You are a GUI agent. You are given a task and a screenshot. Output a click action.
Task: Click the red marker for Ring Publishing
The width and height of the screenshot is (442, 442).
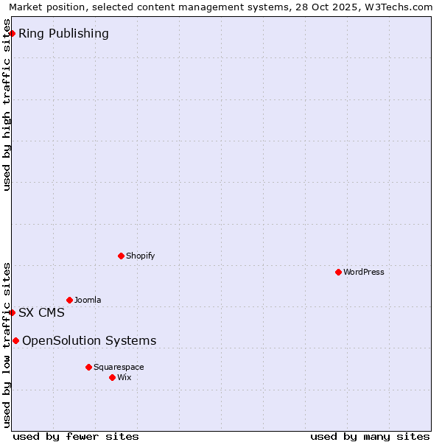(12, 33)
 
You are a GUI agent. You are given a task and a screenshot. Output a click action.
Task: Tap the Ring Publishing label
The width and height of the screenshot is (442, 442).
(63, 33)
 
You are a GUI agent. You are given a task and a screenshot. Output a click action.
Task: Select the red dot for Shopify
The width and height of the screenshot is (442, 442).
(121, 256)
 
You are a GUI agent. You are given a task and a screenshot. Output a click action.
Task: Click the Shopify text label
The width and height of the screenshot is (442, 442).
(140, 256)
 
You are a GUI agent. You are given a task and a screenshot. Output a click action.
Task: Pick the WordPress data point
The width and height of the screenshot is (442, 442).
(338, 272)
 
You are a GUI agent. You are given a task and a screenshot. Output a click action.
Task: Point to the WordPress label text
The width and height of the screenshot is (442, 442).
(363, 272)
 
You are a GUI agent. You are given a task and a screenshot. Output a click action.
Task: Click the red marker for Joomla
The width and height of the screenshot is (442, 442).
(69, 300)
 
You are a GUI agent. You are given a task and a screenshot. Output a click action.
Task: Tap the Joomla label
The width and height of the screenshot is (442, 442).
(88, 300)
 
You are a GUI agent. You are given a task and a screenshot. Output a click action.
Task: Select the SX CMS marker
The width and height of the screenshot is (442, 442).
(12, 312)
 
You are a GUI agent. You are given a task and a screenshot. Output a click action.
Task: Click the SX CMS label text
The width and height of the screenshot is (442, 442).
(41, 312)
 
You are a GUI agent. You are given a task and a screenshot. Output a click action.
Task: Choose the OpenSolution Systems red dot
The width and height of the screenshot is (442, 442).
(15, 340)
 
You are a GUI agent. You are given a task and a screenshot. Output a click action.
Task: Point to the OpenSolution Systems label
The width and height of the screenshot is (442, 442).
(89, 340)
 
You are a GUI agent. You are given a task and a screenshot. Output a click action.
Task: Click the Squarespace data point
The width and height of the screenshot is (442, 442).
(88, 367)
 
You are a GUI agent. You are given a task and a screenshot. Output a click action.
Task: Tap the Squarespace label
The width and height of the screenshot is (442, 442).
(119, 367)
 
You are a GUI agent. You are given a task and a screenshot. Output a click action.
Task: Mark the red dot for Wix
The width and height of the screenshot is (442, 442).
(112, 377)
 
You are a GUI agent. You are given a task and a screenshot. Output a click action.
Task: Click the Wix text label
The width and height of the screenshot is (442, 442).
(124, 377)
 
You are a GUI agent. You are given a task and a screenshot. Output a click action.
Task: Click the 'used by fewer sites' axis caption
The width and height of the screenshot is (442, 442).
(76, 436)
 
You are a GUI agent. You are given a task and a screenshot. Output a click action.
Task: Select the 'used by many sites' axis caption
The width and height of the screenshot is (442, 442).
(370, 436)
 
